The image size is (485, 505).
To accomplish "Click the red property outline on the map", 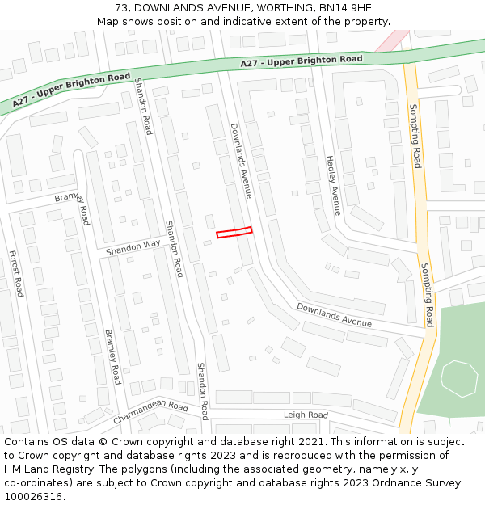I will [x=234, y=233].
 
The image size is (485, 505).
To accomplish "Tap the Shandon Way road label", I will [x=133, y=248].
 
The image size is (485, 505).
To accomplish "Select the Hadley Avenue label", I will [x=333, y=186].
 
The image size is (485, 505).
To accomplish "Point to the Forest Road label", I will [x=16, y=273].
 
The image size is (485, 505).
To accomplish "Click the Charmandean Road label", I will [x=150, y=413].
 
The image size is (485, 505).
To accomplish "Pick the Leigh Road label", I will [x=306, y=415].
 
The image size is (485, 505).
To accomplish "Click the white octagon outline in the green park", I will [x=460, y=378].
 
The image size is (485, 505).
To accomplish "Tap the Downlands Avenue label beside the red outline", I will [x=241, y=160].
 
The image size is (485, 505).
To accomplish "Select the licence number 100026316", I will [x=36, y=497].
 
